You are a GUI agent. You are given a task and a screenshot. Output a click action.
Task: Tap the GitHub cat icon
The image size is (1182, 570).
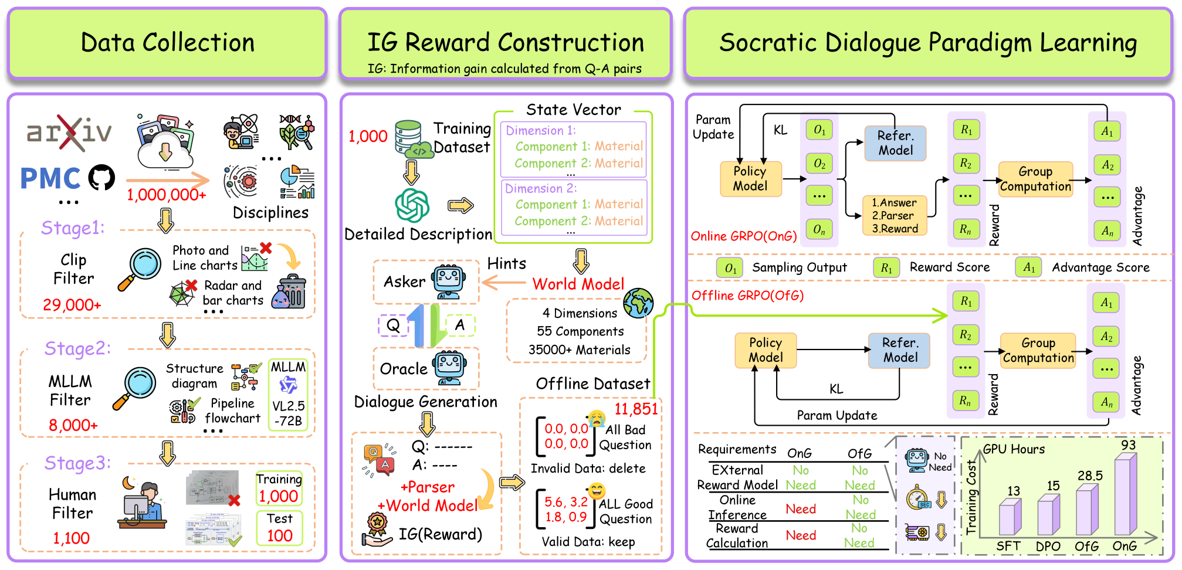(x=101, y=177)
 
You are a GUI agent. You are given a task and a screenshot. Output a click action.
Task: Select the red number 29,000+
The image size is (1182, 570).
(x=72, y=305)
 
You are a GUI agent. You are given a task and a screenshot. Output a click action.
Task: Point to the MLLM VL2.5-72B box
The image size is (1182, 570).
(x=288, y=394)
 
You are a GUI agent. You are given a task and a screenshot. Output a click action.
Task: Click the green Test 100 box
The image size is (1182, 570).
(x=279, y=528)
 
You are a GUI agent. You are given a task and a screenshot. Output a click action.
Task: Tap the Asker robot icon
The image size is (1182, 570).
(x=449, y=281)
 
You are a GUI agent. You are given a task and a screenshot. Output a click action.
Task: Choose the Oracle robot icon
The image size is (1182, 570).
(x=450, y=368)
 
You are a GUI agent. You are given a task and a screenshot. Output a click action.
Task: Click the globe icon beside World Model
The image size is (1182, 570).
(x=638, y=303)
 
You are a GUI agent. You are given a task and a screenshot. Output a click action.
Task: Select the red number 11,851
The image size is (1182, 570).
(x=636, y=409)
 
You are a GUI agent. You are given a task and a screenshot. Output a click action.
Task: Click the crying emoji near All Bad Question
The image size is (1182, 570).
(x=597, y=418)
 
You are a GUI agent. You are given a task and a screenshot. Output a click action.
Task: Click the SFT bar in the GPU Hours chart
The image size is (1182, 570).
(x=1010, y=517)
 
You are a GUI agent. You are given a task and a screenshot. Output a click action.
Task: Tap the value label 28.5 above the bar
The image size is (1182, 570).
(x=1090, y=476)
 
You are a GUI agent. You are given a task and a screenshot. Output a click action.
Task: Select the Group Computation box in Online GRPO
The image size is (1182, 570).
(x=1035, y=179)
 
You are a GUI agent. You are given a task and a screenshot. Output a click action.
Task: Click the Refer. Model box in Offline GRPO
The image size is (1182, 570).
(x=899, y=350)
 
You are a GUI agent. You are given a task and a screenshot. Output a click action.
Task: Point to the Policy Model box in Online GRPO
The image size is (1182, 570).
(x=750, y=179)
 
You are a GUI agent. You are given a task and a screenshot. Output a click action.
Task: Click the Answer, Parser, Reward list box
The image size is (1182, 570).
(x=895, y=215)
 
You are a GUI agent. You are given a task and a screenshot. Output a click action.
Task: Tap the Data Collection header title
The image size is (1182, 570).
(x=167, y=43)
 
